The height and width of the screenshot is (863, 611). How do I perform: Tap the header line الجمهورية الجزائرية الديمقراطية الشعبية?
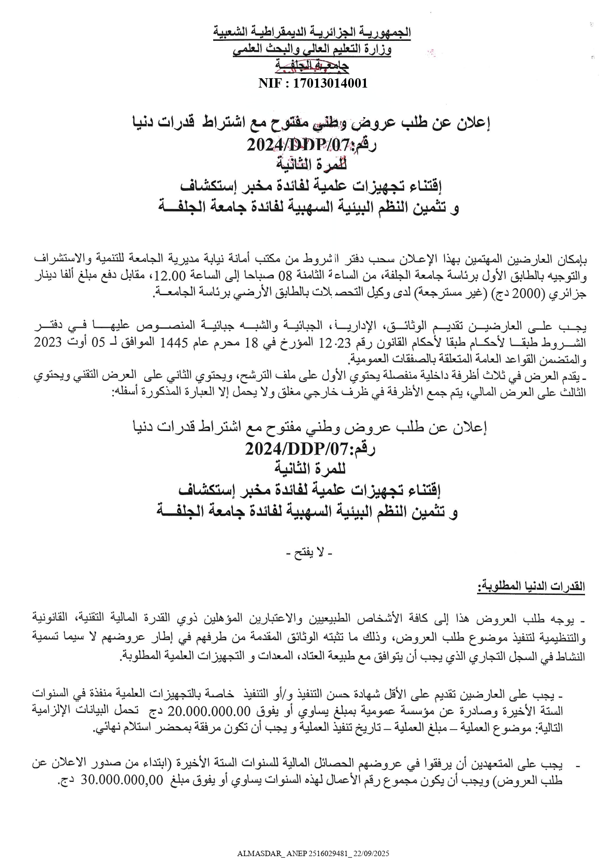(312, 33)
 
